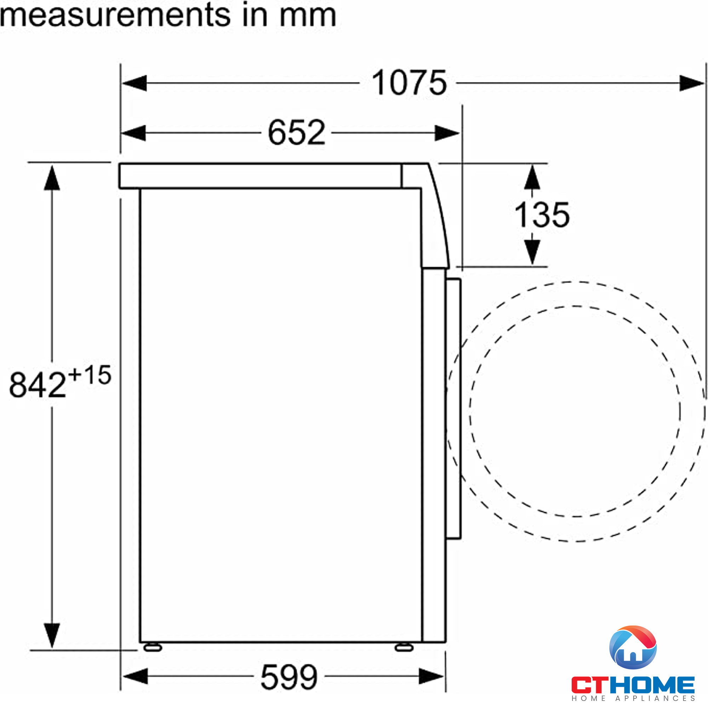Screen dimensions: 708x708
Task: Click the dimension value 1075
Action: click(x=409, y=83)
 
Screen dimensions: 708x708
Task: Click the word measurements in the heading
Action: click(x=115, y=15)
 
